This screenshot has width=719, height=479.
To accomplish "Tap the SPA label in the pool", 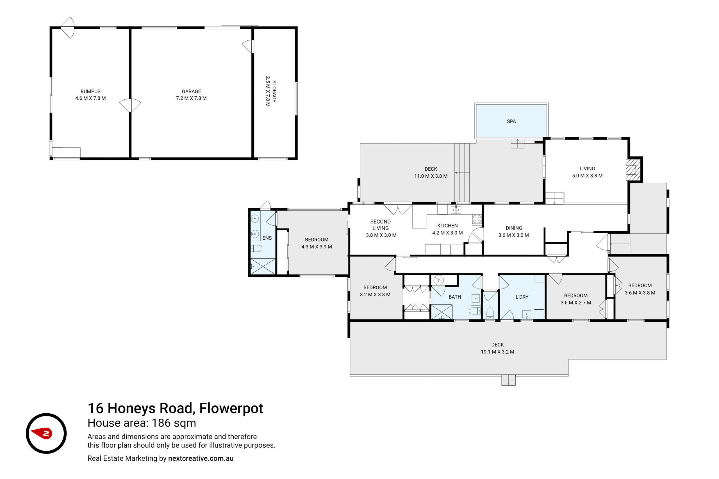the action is [x=511, y=121].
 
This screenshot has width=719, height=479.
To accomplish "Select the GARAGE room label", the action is [x=191, y=91].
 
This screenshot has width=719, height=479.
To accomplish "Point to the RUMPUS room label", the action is [x=90, y=91].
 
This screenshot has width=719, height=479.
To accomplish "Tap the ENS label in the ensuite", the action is [x=267, y=238].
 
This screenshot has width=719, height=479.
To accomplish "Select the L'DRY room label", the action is [x=522, y=297].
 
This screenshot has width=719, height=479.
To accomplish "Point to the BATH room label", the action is [x=455, y=297].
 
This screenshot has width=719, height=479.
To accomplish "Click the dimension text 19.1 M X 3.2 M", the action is [x=497, y=352].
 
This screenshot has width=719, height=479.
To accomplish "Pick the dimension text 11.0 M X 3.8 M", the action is [x=431, y=176].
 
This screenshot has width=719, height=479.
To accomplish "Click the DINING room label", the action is [x=514, y=228].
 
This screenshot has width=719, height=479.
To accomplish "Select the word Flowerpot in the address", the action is [x=231, y=409].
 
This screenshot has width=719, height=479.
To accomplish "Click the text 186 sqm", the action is [x=174, y=423].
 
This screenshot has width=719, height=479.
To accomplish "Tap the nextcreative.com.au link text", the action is [x=201, y=458].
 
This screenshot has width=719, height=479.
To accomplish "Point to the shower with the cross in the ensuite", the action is [x=263, y=266].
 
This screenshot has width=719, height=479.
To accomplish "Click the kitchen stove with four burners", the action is [x=477, y=219].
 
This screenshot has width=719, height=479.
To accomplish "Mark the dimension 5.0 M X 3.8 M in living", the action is [x=587, y=176].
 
